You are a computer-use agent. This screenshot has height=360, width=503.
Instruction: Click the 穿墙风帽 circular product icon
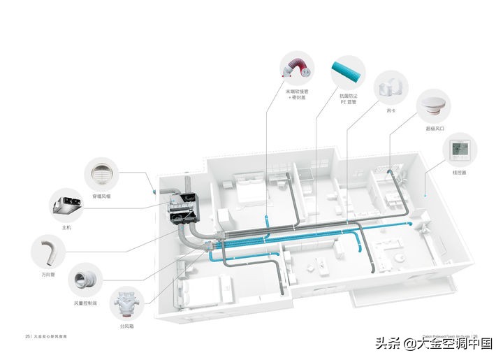[x=102, y=175]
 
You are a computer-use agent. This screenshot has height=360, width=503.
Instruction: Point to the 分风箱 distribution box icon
[x=127, y=305]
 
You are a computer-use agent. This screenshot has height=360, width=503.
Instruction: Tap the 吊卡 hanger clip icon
[x=391, y=88]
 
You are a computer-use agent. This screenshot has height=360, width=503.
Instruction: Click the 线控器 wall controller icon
[x=459, y=149]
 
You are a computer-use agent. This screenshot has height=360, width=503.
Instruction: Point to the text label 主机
[x=66, y=228]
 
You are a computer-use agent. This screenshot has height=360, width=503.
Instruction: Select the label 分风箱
[x=126, y=326]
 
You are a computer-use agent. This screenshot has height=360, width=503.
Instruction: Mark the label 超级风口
[x=434, y=129]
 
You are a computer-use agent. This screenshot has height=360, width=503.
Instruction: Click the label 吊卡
[x=391, y=110]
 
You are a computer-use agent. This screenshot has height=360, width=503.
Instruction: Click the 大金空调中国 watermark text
[x=454, y=343]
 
